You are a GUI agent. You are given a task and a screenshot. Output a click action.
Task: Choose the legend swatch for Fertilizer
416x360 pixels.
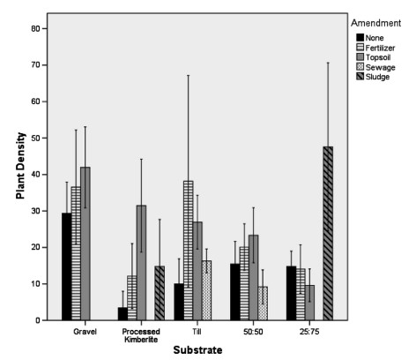coord(360,47)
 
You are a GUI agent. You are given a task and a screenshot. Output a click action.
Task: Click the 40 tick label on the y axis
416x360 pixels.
coord(38,175)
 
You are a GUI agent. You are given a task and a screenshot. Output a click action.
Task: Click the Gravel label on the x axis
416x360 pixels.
coord(86,334)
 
